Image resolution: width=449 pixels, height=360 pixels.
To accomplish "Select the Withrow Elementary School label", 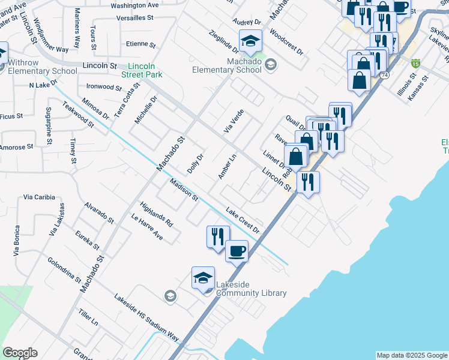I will pos(38,67).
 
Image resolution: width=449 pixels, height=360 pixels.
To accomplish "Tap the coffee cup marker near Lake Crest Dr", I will pos(237,250).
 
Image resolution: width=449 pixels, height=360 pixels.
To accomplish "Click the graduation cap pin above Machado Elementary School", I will pos(251,41).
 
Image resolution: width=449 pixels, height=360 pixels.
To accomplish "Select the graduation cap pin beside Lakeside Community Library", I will pos(203,278).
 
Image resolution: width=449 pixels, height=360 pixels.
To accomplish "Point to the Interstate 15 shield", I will pos(415,62).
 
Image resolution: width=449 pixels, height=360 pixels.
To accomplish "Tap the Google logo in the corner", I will pos(20,352).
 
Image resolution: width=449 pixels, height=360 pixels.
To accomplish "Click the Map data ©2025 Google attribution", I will pos(411,355).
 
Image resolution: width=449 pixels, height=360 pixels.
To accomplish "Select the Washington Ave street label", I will pos(134,5).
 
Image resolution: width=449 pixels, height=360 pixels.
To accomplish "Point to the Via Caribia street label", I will pos(39,197).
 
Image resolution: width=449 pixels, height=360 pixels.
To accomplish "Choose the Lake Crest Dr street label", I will pos(243,220).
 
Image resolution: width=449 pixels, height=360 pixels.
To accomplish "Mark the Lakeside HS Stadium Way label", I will pos(146,318).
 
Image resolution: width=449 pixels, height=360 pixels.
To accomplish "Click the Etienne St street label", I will pos(141,44).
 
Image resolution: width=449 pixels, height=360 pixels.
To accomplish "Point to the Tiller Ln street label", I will pos(88,319).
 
